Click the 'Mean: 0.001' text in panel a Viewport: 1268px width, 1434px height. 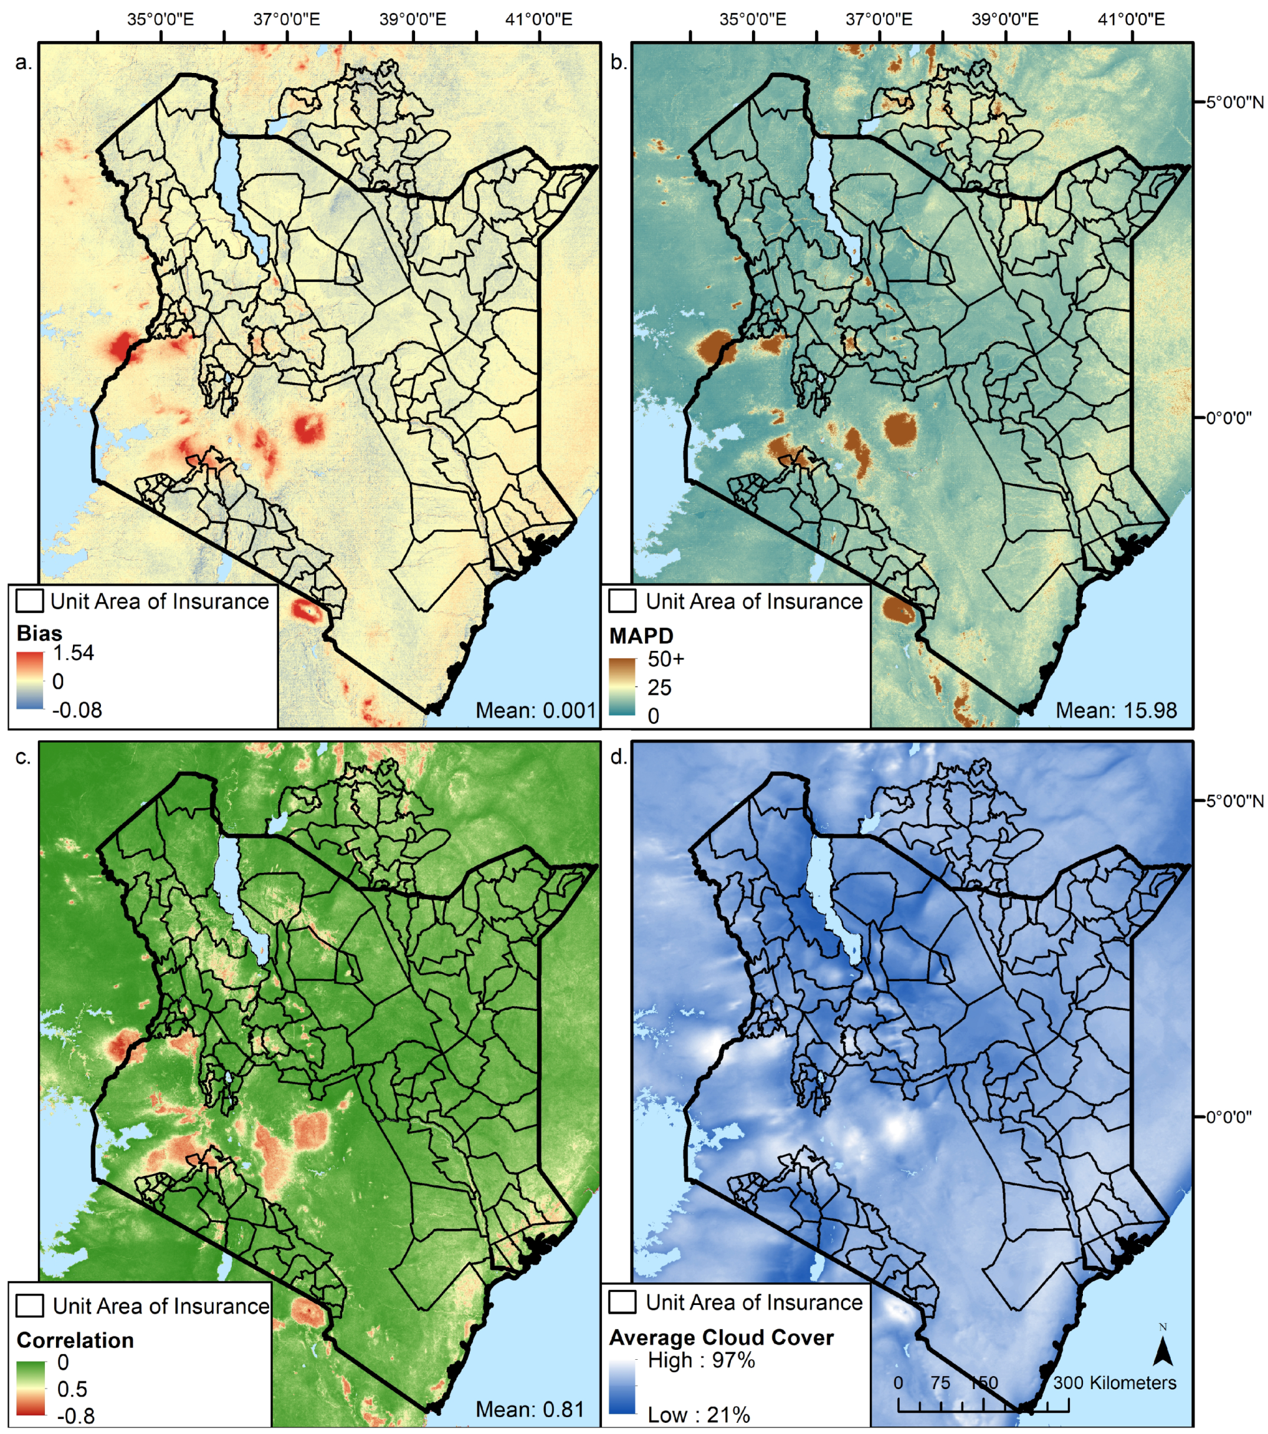(535, 710)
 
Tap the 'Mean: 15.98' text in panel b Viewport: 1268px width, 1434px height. (1116, 710)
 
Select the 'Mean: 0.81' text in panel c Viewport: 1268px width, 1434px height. (530, 1408)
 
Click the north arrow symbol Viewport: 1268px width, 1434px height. (1163, 1346)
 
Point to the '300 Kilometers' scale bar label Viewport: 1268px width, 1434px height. (1115, 1382)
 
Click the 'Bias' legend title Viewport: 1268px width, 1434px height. (39, 633)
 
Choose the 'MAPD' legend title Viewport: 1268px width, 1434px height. (641, 635)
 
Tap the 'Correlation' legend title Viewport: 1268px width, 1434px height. (75, 1340)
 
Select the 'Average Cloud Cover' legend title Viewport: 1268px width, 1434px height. (721, 1337)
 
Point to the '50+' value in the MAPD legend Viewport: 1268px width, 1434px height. (665, 659)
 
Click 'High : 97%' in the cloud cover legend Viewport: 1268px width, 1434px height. (700, 1360)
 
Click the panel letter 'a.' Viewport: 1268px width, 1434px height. (23, 62)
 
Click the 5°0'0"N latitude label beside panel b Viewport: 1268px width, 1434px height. (1235, 102)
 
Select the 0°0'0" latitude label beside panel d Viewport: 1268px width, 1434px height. (1229, 1117)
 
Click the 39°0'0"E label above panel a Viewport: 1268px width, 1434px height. (412, 19)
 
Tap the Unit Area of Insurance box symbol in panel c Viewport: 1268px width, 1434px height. (30, 1306)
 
